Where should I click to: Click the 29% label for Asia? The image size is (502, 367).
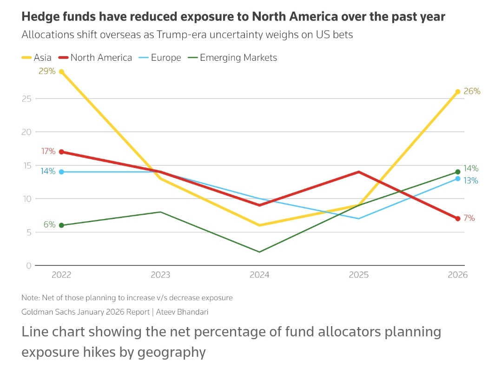pyautogui.click(x=47, y=71)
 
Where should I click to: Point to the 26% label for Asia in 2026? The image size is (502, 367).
pyautogui.click(x=472, y=91)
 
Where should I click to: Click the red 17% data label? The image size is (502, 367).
pyautogui.click(x=48, y=151)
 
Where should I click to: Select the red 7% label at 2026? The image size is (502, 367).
pyautogui.click(x=469, y=218)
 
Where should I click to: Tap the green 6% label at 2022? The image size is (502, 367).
pyautogui.click(x=49, y=225)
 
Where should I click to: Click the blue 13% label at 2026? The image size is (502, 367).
pyautogui.click(x=471, y=180)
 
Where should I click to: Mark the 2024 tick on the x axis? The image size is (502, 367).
pyautogui.click(x=259, y=275)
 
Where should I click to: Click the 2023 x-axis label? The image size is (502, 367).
pyautogui.click(x=160, y=275)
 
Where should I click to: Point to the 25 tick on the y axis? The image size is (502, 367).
pyautogui.click(x=26, y=99)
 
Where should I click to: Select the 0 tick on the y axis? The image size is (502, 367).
pyautogui.click(x=29, y=266)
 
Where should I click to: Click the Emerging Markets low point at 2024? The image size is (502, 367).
pyautogui.click(x=259, y=252)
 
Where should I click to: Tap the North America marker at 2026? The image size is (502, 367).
pyautogui.click(x=458, y=219)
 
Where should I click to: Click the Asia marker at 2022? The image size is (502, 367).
pyautogui.click(x=61, y=71)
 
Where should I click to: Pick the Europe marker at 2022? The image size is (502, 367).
pyautogui.click(x=61, y=172)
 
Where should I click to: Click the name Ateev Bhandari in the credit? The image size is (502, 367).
pyautogui.click(x=182, y=312)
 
